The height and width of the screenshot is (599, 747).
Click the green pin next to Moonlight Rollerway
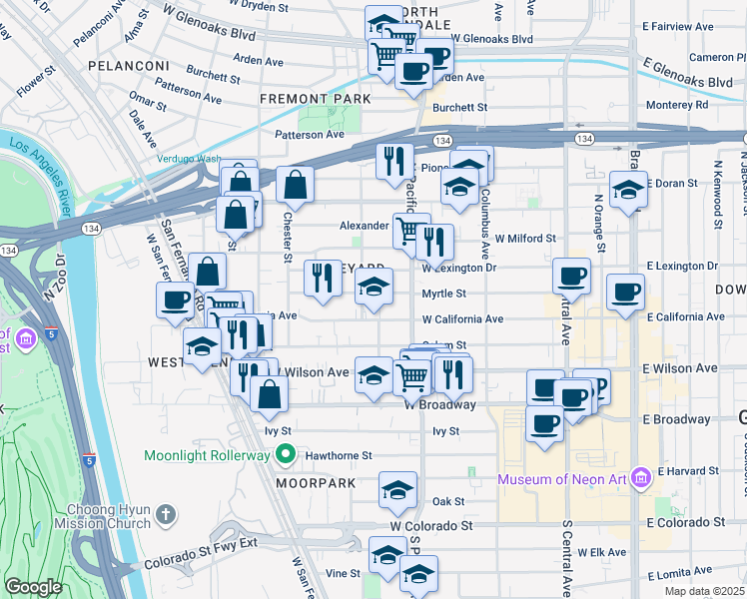click(286, 455)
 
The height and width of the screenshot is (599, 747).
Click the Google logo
click(33, 587)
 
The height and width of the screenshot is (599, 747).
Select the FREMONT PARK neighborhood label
click(315, 99)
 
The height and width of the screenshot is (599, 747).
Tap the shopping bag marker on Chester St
click(296, 184)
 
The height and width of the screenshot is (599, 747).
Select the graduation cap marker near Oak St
click(397, 490)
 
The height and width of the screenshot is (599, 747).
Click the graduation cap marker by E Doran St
click(628, 188)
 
